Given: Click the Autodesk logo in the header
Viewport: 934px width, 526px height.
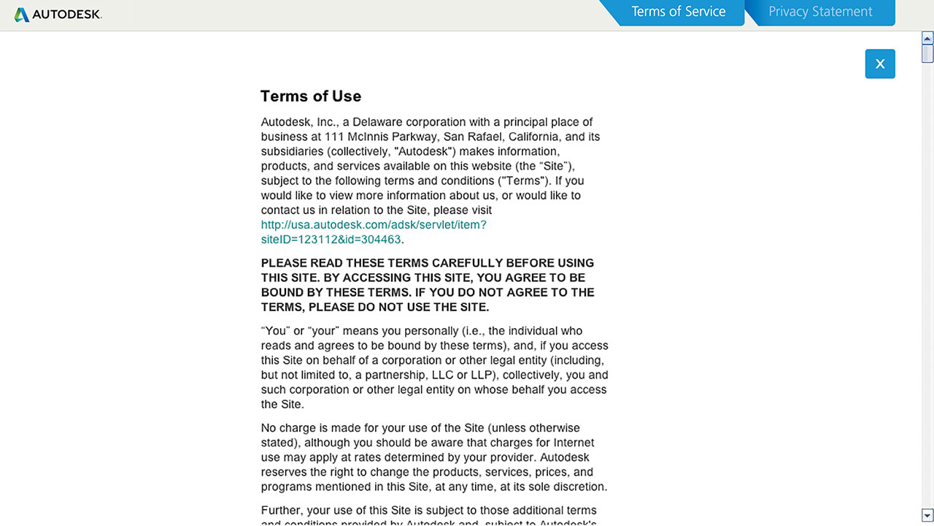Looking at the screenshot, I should tap(58, 15).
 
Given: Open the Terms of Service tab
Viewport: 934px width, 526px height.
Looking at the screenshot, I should tap(678, 12).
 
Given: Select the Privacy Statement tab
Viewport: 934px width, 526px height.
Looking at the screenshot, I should tap(820, 12).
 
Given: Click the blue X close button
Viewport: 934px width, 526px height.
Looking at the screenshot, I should tap(880, 64).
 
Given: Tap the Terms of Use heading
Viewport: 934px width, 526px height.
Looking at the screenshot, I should tap(311, 96).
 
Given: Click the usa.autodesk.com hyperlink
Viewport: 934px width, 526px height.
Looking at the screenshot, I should tap(373, 225).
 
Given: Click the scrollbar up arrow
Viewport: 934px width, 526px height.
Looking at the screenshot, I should tap(927, 37).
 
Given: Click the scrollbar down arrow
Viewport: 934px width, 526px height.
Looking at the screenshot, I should tap(927, 515).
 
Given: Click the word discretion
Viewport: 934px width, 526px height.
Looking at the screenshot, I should tap(576, 487).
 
